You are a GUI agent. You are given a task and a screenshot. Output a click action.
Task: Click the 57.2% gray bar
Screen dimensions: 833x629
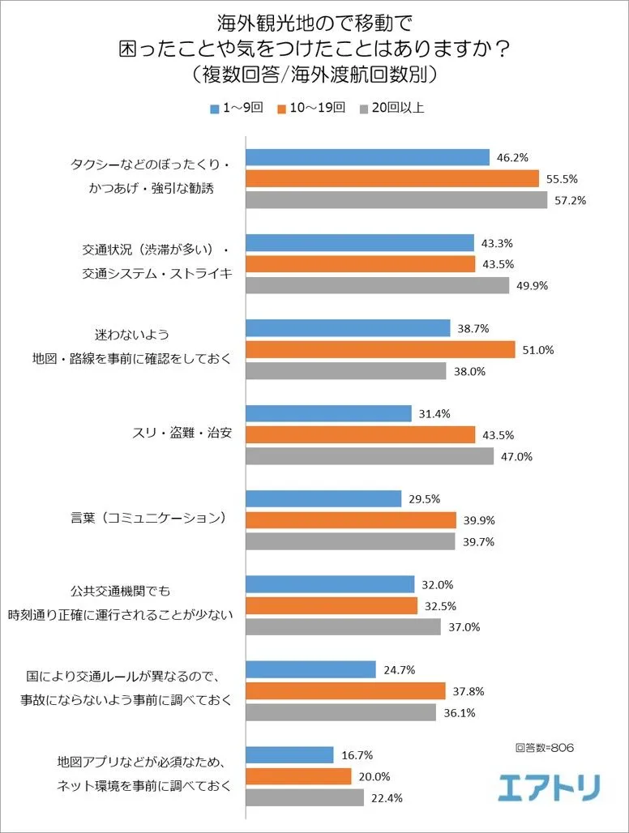tap(396, 199)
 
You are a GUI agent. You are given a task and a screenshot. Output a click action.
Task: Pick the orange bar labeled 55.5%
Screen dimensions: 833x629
tap(392, 178)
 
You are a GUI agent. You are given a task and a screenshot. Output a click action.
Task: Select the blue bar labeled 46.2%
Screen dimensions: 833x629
tap(367, 157)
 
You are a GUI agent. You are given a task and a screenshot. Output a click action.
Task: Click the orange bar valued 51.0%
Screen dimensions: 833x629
tap(380, 349)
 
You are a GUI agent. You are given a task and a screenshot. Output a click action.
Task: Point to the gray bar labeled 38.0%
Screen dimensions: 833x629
tap(346, 370)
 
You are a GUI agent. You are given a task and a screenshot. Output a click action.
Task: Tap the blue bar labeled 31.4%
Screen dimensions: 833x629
tap(328, 413)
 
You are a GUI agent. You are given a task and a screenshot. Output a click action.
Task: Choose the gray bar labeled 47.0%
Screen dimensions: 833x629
tap(370, 456)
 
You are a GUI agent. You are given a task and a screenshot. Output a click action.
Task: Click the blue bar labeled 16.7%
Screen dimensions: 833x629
tap(289, 754)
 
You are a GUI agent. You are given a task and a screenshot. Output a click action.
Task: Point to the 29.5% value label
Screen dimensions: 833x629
tap(425, 499)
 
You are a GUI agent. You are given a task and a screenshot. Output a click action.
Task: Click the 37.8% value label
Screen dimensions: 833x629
tap(469, 691)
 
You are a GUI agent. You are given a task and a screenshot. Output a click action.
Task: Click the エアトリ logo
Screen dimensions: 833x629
tap(549, 784)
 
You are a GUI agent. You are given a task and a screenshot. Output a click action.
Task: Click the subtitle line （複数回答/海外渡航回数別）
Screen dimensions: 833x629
tap(314, 75)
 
